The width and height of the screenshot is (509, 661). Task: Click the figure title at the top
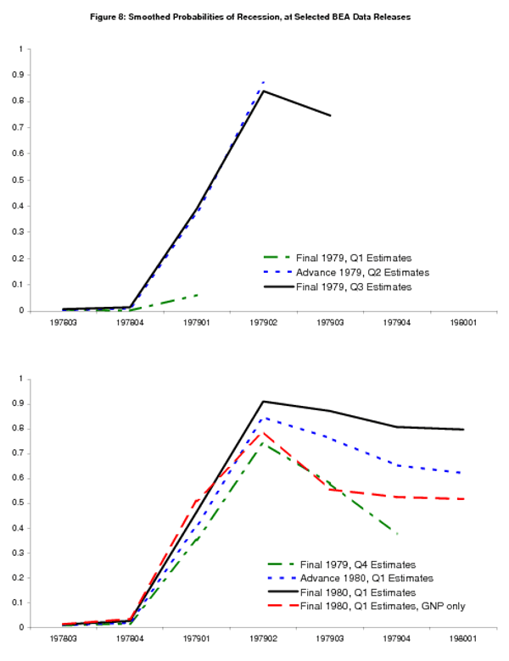pyautogui.click(x=254, y=17)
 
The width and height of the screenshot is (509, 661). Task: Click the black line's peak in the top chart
pyautogui.click(x=263, y=91)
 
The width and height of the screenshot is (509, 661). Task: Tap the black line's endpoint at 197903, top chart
pyautogui.click(x=330, y=115)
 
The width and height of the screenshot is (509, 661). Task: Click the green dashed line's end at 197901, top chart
pyautogui.click(x=197, y=295)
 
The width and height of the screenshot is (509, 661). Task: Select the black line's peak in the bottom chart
pyautogui.click(x=263, y=402)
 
